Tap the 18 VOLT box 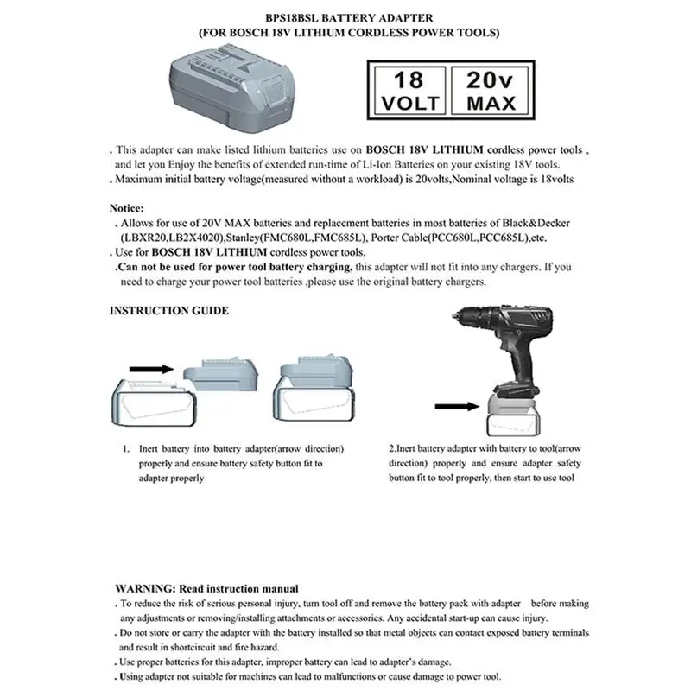(x=409, y=91)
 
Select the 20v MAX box (x=490, y=91)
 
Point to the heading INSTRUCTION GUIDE (x=168, y=311)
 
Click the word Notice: (x=126, y=208)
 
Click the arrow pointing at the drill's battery (x=457, y=406)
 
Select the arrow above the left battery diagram (x=152, y=370)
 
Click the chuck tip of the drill (x=454, y=316)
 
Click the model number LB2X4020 (x=196, y=238)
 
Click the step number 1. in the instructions (x=126, y=449)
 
